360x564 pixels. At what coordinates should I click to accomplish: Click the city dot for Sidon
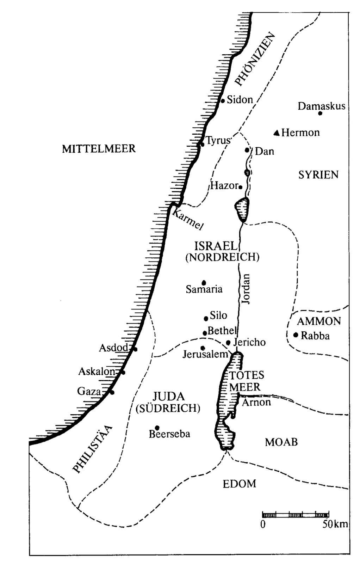(223, 101)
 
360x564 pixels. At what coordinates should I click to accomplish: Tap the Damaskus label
(321, 106)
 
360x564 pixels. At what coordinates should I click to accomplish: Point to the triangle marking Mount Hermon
(277, 133)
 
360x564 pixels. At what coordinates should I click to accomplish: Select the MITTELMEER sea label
(99, 149)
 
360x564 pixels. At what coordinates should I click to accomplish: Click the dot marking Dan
(247, 150)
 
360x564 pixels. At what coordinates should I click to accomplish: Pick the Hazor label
(224, 185)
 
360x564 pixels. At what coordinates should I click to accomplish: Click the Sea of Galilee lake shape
(242, 209)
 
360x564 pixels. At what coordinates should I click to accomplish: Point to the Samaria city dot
(204, 283)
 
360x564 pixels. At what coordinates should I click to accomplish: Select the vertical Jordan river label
(247, 289)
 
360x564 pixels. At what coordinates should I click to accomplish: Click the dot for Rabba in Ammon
(296, 335)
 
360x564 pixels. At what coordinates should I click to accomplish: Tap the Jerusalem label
(205, 354)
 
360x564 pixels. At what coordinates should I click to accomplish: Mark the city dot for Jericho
(228, 342)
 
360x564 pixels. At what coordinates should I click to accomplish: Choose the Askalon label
(97, 372)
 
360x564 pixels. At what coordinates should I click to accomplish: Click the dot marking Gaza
(112, 392)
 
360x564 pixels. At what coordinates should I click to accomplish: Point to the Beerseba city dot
(157, 428)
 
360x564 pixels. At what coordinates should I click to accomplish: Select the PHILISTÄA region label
(92, 448)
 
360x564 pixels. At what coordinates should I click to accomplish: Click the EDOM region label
(239, 484)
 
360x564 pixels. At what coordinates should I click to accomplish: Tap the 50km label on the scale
(335, 524)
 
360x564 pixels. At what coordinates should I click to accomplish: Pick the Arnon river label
(256, 402)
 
